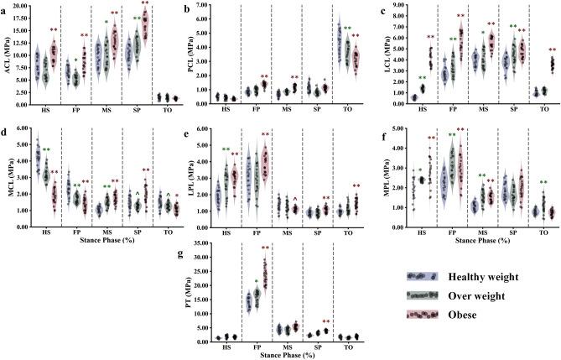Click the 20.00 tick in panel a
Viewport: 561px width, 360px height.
25,7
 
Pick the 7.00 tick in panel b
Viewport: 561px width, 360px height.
218,7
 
